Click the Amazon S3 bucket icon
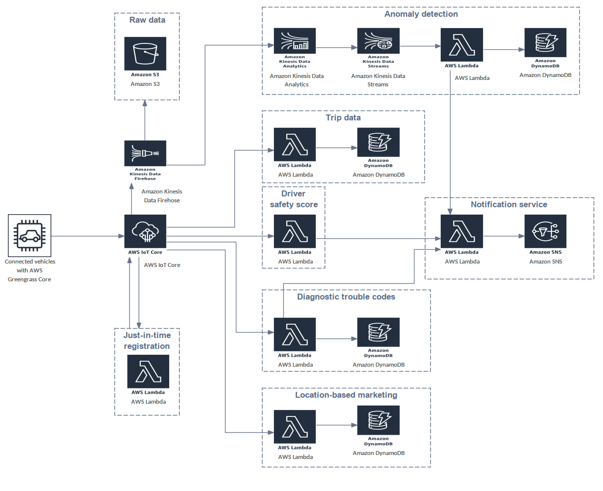point(145,54)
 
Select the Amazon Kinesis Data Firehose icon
point(145,153)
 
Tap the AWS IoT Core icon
point(145,231)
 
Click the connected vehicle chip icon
point(30,236)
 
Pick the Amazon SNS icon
point(545,231)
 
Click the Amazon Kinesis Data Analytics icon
point(295,41)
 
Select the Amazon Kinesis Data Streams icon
point(378,41)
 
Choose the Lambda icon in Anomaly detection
point(461,45)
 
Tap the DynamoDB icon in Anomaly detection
point(545,43)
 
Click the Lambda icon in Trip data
point(295,145)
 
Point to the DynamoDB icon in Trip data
point(378,143)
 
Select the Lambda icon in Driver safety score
point(295,231)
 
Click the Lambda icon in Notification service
point(461,231)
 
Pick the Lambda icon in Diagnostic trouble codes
point(295,335)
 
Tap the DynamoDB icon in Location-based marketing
point(378,420)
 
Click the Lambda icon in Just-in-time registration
point(148,372)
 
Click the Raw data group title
point(147,20)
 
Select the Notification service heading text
point(509,204)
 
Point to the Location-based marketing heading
point(346,395)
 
